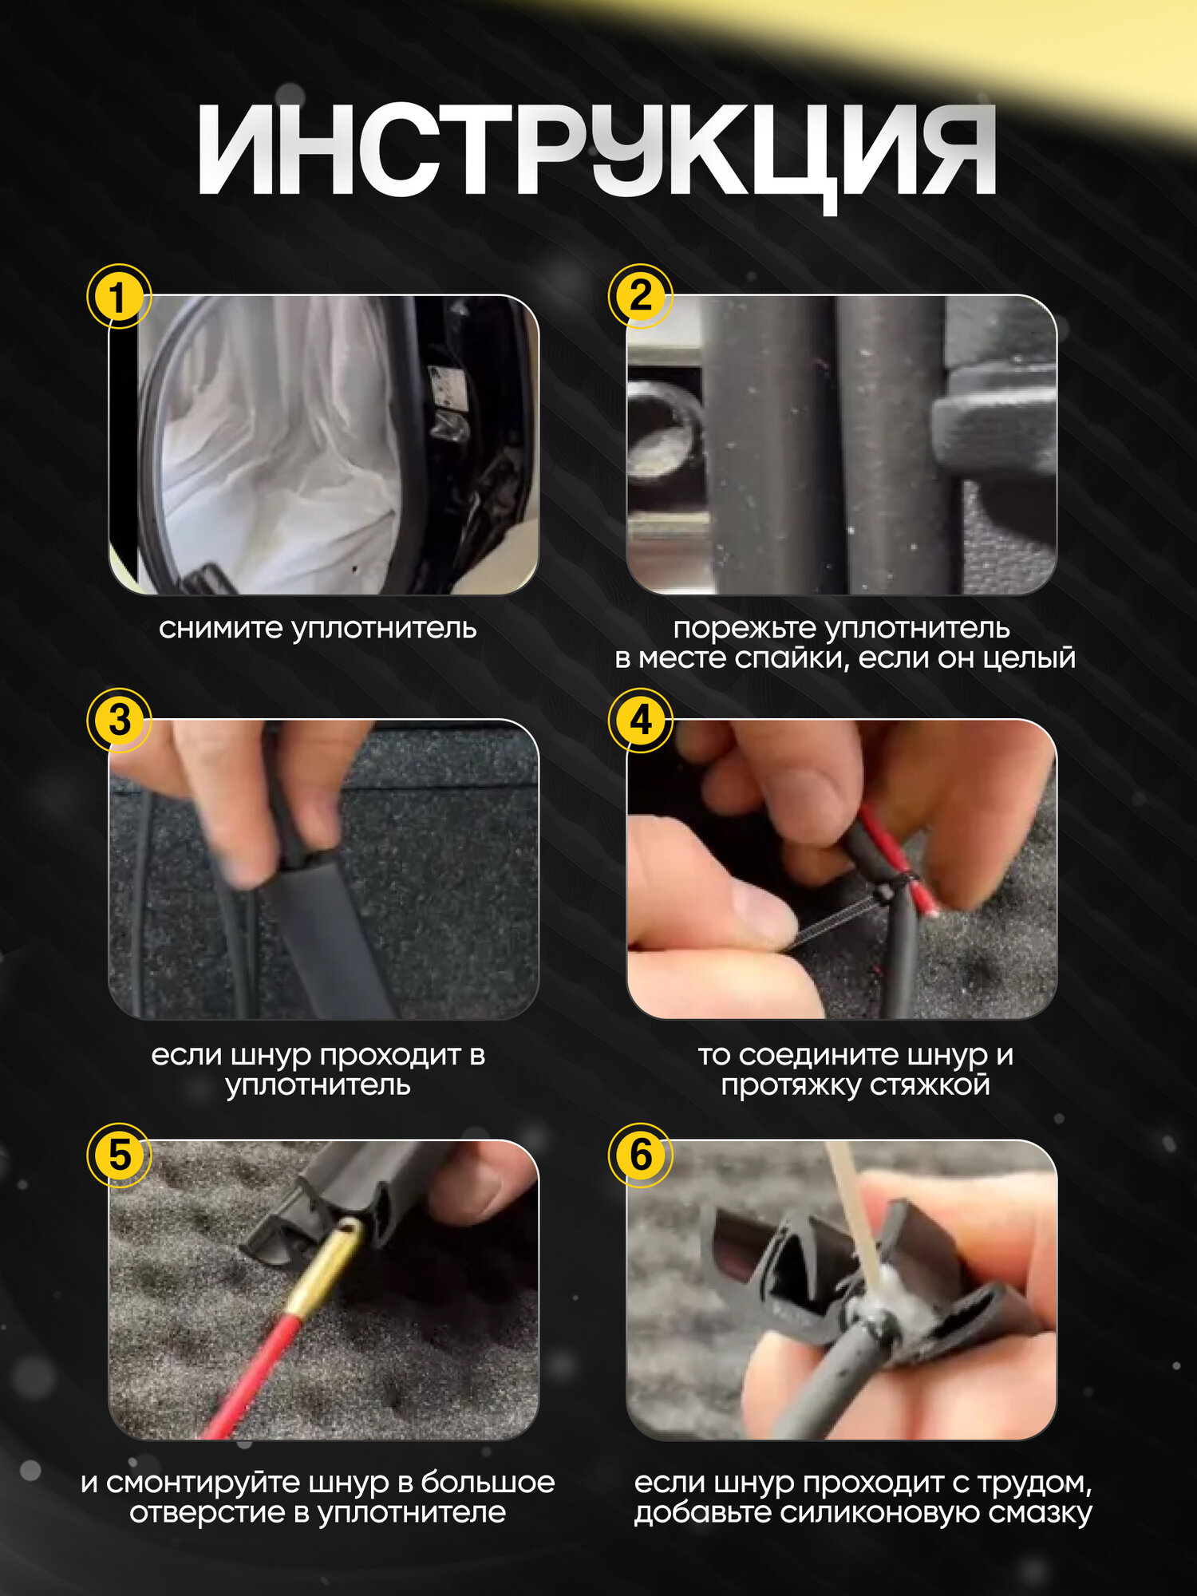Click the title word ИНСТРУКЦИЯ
597,152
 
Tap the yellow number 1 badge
119,297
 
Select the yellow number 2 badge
641,297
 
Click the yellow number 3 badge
119,721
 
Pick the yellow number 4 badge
641,721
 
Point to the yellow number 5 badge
119,1155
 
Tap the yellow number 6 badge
641,1155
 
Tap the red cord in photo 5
247,1377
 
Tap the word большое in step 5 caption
488,1483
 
